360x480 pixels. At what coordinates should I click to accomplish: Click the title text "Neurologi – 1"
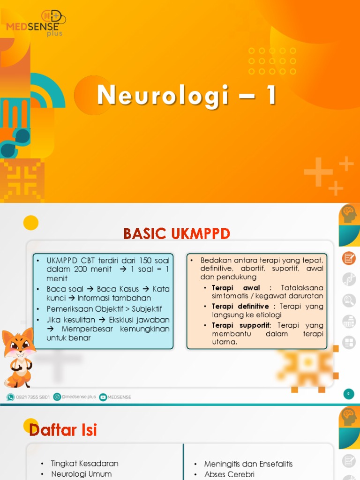[187, 95]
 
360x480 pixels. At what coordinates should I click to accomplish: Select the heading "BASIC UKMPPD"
[177, 233]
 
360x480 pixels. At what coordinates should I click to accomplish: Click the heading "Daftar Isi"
[63, 429]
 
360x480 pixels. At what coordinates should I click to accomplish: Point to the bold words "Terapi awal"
[236, 287]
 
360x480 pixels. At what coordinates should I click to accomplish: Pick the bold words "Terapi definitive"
[240, 306]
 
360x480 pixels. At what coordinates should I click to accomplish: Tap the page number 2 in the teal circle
[348, 394]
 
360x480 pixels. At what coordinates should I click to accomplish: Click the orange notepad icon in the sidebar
[349, 258]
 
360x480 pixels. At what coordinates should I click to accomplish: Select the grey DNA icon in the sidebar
[349, 279]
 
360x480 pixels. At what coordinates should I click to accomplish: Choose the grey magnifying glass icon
[349, 300]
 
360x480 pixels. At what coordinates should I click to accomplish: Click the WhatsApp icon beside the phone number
[10, 397]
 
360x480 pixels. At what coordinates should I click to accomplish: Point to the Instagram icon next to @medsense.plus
[57, 397]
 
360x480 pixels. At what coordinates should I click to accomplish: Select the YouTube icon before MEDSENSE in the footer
[103, 397]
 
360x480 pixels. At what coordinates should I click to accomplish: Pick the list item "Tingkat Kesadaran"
[84, 464]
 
